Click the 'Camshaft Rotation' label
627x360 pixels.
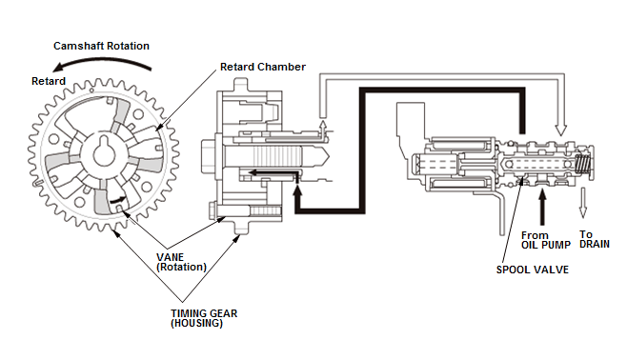[101, 46]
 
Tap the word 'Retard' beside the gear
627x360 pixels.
[49, 81]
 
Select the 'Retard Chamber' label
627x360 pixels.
[263, 67]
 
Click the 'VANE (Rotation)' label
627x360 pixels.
[182, 262]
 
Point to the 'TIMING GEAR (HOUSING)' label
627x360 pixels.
[204, 318]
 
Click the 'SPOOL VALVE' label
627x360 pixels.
[533, 270]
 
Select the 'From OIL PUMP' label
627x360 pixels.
[546, 240]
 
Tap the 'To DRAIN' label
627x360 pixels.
[595, 239]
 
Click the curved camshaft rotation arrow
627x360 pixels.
[102, 61]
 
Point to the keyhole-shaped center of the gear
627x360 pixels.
[104, 151]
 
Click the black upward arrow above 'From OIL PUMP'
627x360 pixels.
[542, 207]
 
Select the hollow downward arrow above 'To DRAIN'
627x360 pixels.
[583, 203]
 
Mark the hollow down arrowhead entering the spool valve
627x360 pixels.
[561, 130]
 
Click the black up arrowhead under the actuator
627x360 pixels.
[297, 191]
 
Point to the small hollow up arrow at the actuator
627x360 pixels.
[323, 127]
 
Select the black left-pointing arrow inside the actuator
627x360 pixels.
[273, 172]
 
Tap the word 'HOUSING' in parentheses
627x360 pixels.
[196, 324]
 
